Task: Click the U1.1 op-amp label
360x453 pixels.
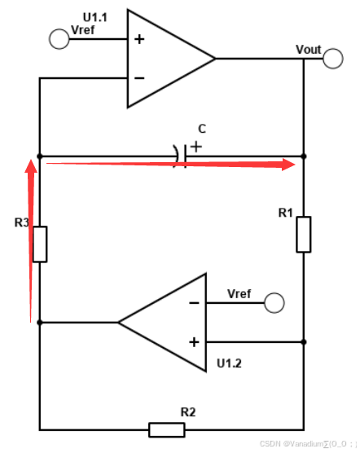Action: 96,17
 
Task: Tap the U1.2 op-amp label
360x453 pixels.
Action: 230,362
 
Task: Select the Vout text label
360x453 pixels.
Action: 309,50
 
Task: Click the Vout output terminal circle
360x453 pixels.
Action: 332,59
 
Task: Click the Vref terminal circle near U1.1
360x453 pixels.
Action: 59,39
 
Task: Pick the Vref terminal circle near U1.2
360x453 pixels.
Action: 275,303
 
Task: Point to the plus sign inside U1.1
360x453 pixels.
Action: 139,39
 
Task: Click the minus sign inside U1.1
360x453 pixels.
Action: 139,77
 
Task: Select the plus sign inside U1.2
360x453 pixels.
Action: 194,341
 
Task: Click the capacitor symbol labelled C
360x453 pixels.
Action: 181,155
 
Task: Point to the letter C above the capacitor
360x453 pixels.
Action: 202,129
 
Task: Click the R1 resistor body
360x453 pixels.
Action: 303,234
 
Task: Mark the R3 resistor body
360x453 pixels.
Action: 39,244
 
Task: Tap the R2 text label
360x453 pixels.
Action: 187,411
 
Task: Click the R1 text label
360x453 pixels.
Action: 285,213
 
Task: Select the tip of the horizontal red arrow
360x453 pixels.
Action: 293,164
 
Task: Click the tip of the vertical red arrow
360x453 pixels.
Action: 30,161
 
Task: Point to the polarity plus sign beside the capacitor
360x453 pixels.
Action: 195,147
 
